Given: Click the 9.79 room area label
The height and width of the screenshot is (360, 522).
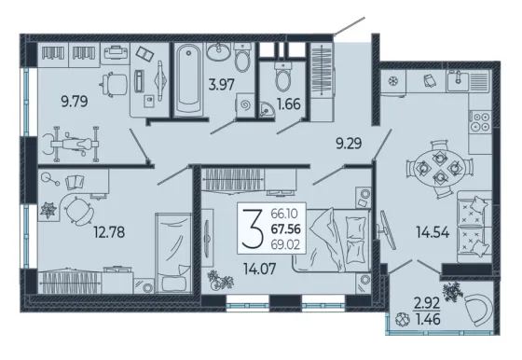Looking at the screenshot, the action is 75,102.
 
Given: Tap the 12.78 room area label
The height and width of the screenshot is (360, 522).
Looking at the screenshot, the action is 109,232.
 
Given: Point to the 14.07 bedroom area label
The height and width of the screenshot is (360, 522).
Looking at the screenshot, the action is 260,269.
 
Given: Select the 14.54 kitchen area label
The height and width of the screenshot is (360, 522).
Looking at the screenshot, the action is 433,232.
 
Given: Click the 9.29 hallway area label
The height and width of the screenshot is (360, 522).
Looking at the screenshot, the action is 349,144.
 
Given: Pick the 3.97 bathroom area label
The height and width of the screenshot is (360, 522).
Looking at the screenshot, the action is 222,85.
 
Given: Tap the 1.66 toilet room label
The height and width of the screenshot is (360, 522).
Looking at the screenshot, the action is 289,104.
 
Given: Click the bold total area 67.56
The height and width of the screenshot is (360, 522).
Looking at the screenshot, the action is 286,229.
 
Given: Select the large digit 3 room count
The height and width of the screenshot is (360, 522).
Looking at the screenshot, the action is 253,228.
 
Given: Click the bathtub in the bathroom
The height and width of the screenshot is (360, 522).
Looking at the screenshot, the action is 188,79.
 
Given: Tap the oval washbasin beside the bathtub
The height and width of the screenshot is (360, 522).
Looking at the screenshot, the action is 218,51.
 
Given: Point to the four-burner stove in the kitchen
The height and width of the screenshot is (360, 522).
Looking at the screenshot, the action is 481,122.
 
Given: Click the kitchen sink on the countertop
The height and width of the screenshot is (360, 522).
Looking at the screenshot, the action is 458,80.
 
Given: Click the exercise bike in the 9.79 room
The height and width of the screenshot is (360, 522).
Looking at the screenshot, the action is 71,144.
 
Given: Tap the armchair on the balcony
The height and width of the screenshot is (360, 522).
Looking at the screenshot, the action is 479,309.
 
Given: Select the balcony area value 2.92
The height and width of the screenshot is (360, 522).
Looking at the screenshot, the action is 427,303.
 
